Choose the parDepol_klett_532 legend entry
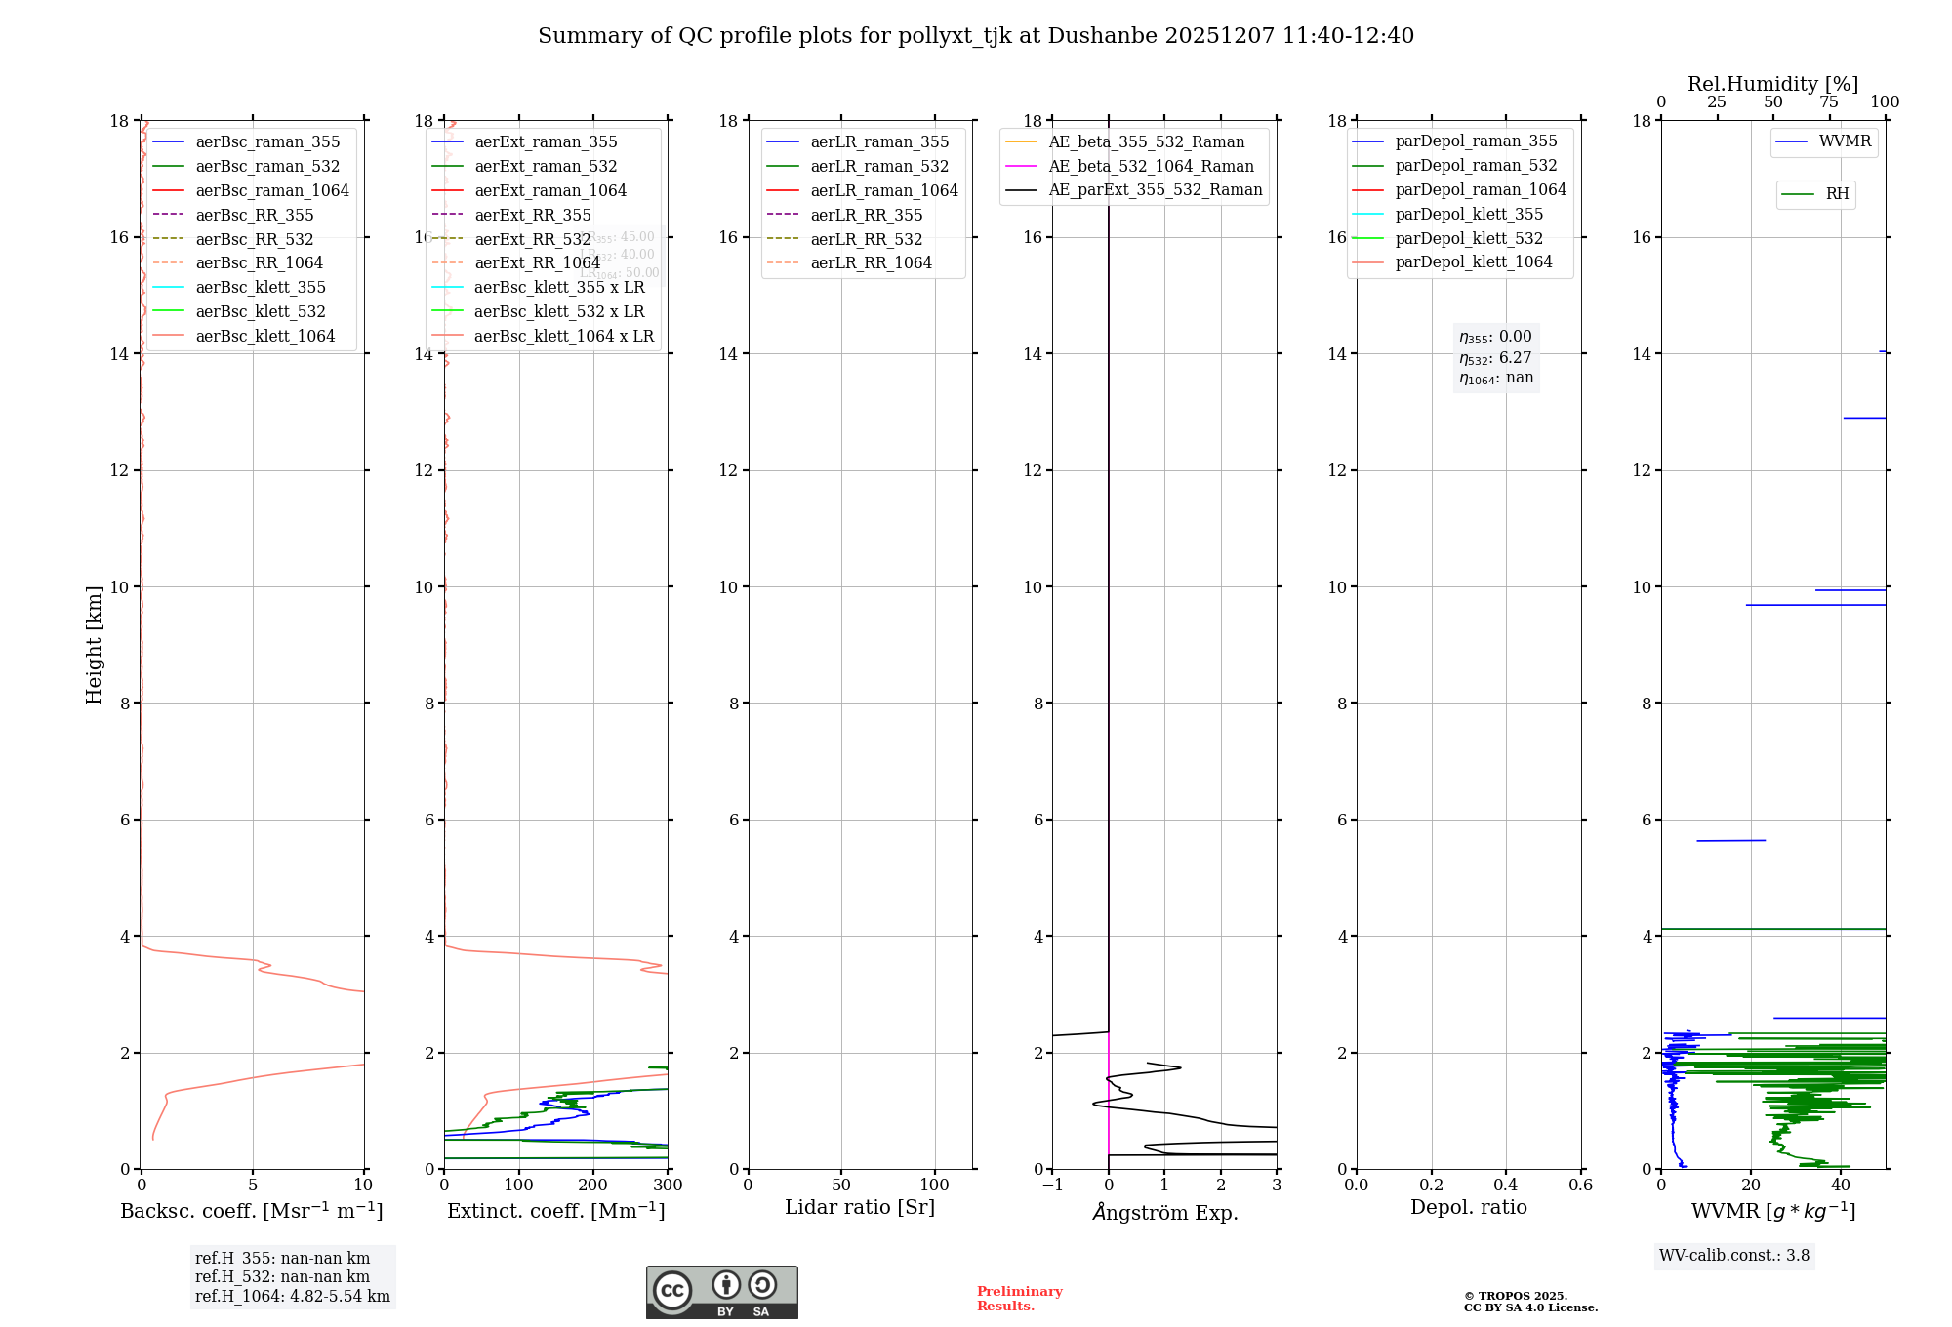pos(1469,238)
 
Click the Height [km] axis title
pos(94,644)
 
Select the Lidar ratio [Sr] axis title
pos(860,1207)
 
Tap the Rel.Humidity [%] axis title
pos(1772,84)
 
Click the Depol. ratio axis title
pos(1468,1207)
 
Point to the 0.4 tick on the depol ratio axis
pos(1506,1186)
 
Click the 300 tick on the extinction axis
pos(668,1186)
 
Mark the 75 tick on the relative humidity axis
pos(1829,102)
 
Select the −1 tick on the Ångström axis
pos(1052,1186)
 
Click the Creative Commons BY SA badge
pos(721,1292)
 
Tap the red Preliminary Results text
pos(1019,1299)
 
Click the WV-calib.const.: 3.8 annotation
pos(1734,1256)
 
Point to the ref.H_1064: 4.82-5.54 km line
pos(292,1296)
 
